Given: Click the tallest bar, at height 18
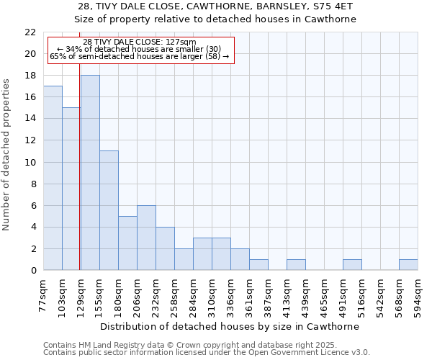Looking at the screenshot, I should [90, 173].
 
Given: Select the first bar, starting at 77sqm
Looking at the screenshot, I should [53, 178].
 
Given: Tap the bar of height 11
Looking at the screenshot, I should [109, 210].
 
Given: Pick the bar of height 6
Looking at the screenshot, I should [146, 238].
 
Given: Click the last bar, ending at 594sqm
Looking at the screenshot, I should [408, 265].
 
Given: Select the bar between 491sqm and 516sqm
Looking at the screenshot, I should [352, 265].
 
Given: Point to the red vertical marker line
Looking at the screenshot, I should [79, 180].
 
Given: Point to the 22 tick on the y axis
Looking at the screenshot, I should [30, 32].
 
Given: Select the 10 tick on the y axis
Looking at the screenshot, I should [30, 163].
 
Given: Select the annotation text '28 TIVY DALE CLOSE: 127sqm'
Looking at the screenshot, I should [139, 42].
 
